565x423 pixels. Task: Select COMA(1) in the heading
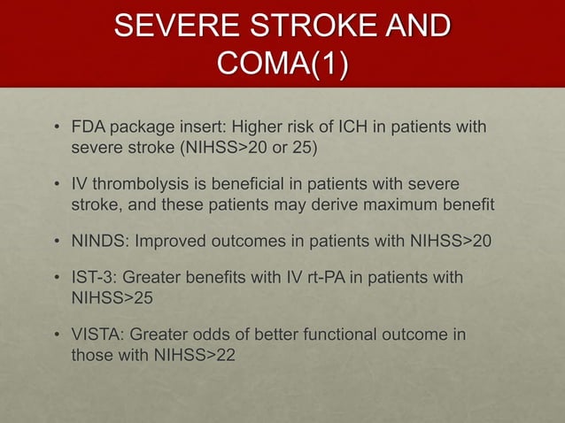click(282, 65)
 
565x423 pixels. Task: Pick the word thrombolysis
click(143, 186)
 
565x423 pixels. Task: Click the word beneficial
click(253, 186)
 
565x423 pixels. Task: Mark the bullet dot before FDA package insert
click(56, 128)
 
